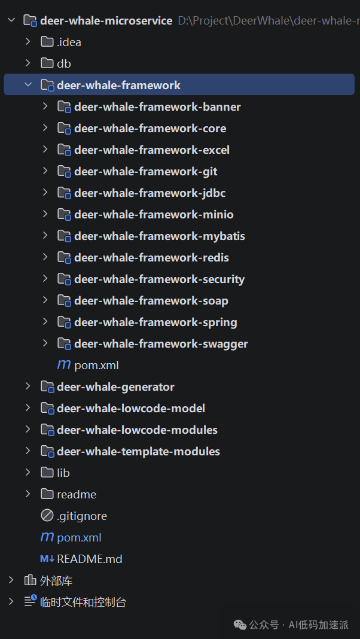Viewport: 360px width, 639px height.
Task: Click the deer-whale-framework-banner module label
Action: [157, 106]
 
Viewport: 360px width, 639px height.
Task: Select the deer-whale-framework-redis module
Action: [151, 257]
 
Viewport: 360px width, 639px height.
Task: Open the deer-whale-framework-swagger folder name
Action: [161, 344]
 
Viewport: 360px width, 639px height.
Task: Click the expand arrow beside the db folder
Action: [28, 63]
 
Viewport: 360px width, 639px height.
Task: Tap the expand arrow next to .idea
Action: [28, 41]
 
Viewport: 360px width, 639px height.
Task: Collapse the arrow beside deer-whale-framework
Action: [28, 85]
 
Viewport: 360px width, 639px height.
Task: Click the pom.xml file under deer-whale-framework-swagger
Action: [96, 366]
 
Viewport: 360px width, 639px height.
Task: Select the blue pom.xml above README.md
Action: [79, 538]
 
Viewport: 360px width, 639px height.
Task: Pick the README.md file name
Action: [90, 559]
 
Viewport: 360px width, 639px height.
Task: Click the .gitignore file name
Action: [82, 516]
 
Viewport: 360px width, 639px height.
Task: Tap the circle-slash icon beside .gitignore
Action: [47, 516]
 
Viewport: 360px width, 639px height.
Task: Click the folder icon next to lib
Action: [47, 473]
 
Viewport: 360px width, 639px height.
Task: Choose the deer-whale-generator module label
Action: [115, 387]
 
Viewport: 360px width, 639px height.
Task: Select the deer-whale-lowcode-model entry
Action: [131, 408]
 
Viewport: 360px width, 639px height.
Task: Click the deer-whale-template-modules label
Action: [139, 452]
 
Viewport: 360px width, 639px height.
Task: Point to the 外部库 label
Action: [56, 581]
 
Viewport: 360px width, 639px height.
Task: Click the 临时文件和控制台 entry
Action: [83, 603]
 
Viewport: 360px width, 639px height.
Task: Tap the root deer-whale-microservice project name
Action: [106, 20]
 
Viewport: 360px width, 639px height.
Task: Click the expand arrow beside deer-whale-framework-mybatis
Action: [45, 236]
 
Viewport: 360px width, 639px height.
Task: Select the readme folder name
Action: [77, 495]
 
